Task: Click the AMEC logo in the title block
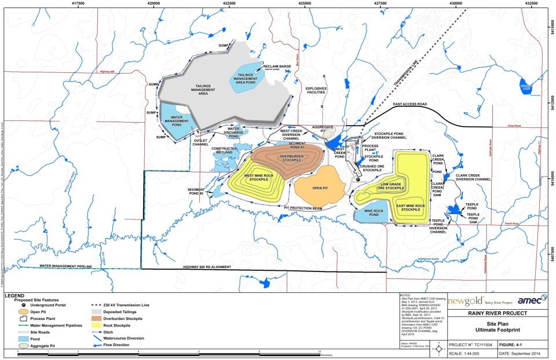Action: (531, 299)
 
